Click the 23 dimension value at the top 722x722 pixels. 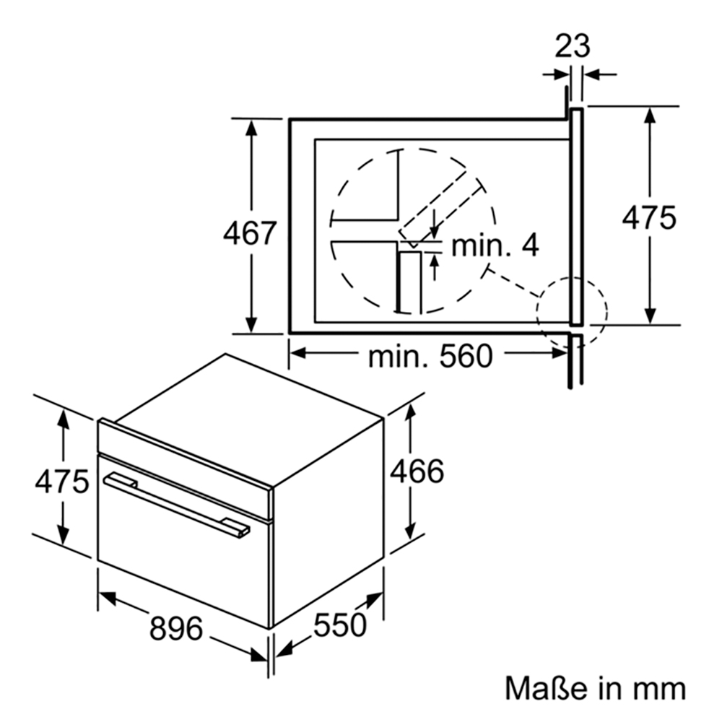[x=572, y=46]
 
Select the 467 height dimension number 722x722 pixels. [x=250, y=233]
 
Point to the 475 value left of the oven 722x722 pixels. [x=61, y=482]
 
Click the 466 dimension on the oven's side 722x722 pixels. [x=417, y=471]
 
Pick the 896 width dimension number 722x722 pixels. [x=176, y=628]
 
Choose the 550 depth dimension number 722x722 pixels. [x=340, y=625]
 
